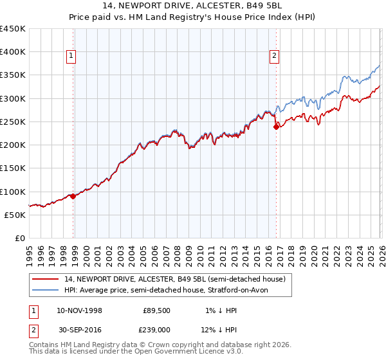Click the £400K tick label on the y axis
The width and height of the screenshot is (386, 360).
[13, 52]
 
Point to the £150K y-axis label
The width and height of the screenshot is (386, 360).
[13, 168]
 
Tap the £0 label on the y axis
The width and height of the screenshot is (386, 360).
[19, 239]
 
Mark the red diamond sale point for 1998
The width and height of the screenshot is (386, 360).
[73, 197]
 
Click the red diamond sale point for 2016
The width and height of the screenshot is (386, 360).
[276, 127]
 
